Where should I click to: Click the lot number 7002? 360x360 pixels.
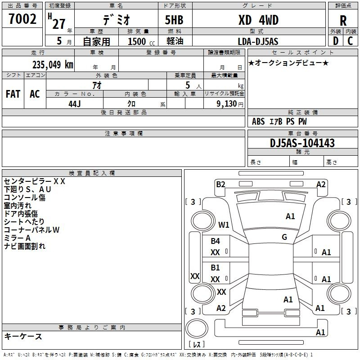coord(22,20)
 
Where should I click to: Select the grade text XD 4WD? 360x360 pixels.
coord(258,20)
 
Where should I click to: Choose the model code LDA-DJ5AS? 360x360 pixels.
coord(258,41)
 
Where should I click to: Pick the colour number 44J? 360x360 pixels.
coord(74,103)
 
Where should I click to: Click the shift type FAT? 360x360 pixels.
coord(13,94)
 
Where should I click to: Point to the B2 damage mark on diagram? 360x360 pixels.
coord(220,184)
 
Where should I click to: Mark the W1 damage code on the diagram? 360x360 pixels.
coord(224,225)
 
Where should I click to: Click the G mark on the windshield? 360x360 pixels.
coord(284,237)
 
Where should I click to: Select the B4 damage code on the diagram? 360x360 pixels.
coord(216,241)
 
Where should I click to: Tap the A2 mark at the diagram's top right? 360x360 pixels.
coord(321,184)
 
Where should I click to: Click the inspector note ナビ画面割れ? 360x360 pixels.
coord(25,246)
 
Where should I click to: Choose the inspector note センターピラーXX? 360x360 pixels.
coord(35,181)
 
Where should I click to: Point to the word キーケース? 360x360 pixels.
coord(23,337)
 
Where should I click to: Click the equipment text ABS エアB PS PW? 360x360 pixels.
coord(279,121)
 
